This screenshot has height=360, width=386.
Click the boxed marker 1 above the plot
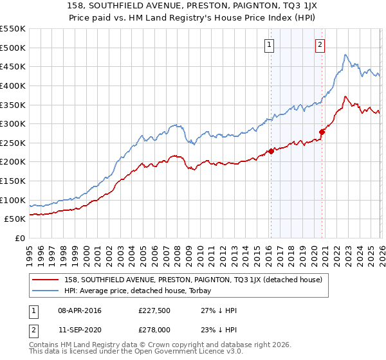pyautogui.click(x=268, y=44)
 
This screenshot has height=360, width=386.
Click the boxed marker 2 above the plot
pyautogui.click(x=320, y=44)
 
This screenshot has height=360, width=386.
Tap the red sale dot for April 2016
pyautogui.click(x=271, y=151)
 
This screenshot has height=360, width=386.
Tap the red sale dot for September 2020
pyautogui.click(x=322, y=132)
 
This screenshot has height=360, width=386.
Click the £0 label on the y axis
pyautogui.click(x=20, y=238)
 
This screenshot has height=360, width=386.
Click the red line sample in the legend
pyautogui.click(x=46, y=280)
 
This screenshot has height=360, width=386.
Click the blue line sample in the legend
pyautogui.click(x=46, y=291)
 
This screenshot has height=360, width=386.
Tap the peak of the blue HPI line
pyautogui.click(x=345, y=55)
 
